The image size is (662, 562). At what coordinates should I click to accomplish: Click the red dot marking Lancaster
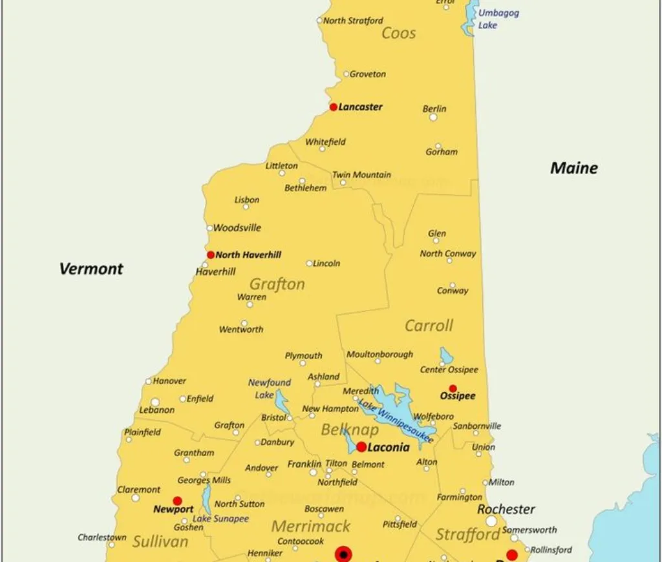click(x=334, y=107)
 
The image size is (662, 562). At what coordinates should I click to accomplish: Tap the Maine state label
click(x=573, y=169)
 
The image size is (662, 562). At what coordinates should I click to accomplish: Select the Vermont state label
click(x=91, y=269)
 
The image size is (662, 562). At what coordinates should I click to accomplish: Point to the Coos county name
click(x=398, y=33)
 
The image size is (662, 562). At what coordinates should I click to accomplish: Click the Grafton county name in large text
click(x=277, y=284)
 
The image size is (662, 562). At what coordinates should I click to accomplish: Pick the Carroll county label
click(x=429, y=326)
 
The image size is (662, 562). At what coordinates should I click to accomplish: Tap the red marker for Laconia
click(x=361, y=447)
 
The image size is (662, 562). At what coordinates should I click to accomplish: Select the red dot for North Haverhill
click(x=211, y=255)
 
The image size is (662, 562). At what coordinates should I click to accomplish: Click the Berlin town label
click(x=434, y=109)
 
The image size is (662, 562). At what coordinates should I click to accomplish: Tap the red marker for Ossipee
click(x=453, y=388)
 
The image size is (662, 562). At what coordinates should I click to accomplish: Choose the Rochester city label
click(x=506, y=509)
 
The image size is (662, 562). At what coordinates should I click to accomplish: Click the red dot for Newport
click(x=177, y=501)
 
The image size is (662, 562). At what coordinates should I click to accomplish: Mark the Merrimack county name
click(x=310, y=526)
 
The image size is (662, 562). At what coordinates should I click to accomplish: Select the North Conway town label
click(x=447, y=254)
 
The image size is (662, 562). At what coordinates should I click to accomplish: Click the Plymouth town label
click(x=303, y=356)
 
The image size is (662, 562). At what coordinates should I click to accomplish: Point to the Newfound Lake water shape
click(x=283, y=402)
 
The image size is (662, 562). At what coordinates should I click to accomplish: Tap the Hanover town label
click(x=169, y=381)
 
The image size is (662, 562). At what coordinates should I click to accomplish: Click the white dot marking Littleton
click(x=282, y=173)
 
